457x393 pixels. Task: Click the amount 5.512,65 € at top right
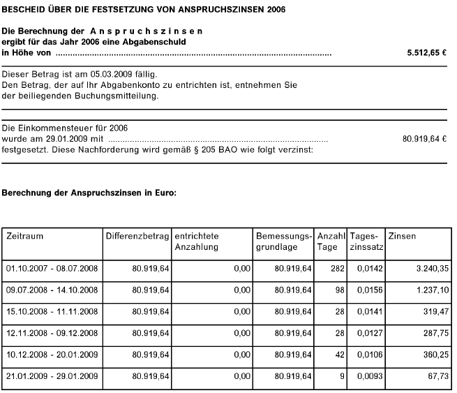tap(426, 53)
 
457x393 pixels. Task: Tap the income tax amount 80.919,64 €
tap(424, 139)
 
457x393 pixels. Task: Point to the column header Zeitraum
tap(25, 237)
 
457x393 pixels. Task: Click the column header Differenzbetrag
tap(136, 237)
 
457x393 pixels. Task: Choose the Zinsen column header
tap(402, 237)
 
